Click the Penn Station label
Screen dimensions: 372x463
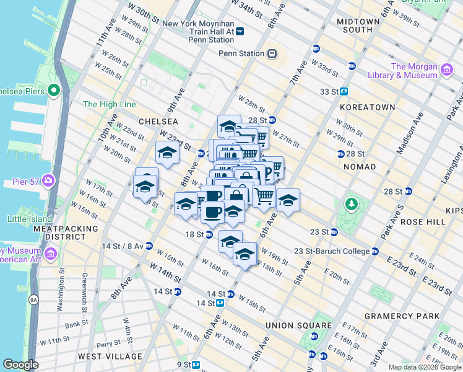(241, 53)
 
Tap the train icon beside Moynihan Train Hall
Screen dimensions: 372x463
(240, 31)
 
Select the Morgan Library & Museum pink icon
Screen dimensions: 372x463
(446, 74)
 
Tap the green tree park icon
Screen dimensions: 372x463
(352, 203)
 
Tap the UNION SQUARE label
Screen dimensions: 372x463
(298, 325)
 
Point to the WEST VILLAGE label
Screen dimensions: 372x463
(110, 356)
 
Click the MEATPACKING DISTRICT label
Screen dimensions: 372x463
(66, 232)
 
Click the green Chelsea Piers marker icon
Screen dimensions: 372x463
(53, 91)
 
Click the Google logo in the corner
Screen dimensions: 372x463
(20, 365)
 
